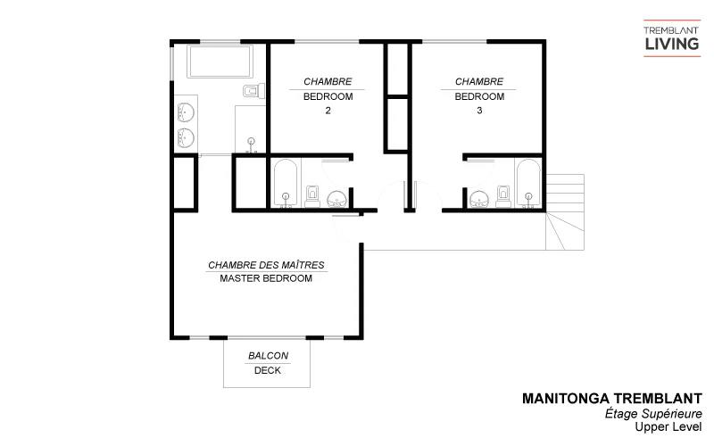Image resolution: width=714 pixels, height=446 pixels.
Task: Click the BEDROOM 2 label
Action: (328, 97)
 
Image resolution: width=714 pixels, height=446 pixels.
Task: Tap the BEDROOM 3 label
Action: (479, 97)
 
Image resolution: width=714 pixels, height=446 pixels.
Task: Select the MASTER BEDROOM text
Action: (266, 278)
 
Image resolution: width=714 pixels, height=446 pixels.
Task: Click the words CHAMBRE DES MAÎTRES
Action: (266, 265)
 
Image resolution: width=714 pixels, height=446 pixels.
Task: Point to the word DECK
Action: (268, 371)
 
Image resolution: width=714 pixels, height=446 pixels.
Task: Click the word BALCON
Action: (268, 356)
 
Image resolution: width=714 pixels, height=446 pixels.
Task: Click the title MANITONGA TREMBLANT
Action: (611, 399)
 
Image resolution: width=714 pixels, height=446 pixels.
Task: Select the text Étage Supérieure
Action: (666, 414)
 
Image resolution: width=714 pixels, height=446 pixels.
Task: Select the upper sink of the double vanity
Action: (187, 113)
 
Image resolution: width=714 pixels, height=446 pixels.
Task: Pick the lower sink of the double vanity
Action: (187, 136)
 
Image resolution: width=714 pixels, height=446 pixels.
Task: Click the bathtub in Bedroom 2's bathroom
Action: (286, 184)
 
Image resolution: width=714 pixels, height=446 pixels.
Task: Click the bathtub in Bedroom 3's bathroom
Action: (527, 183)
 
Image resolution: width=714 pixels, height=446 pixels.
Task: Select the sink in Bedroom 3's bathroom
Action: (479, 198)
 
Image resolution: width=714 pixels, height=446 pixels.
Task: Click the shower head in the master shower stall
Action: (252, 140)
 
